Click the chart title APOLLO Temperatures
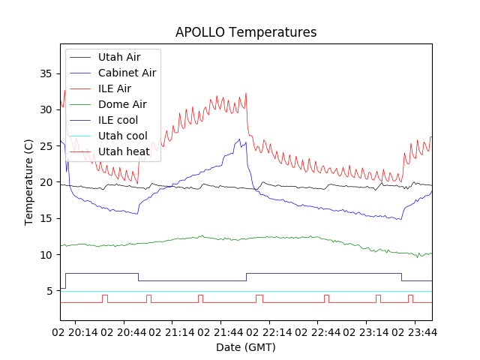246,32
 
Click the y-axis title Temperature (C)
29,182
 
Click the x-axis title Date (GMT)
246,347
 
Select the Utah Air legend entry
118,57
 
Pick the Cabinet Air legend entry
127,73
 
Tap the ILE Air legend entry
114,88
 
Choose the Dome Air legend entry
122,104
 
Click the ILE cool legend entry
118,120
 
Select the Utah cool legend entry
122,136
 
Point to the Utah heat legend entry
124,151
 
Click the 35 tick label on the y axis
46,73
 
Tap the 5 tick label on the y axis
49,291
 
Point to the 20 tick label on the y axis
46,182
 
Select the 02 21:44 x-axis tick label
220,331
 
